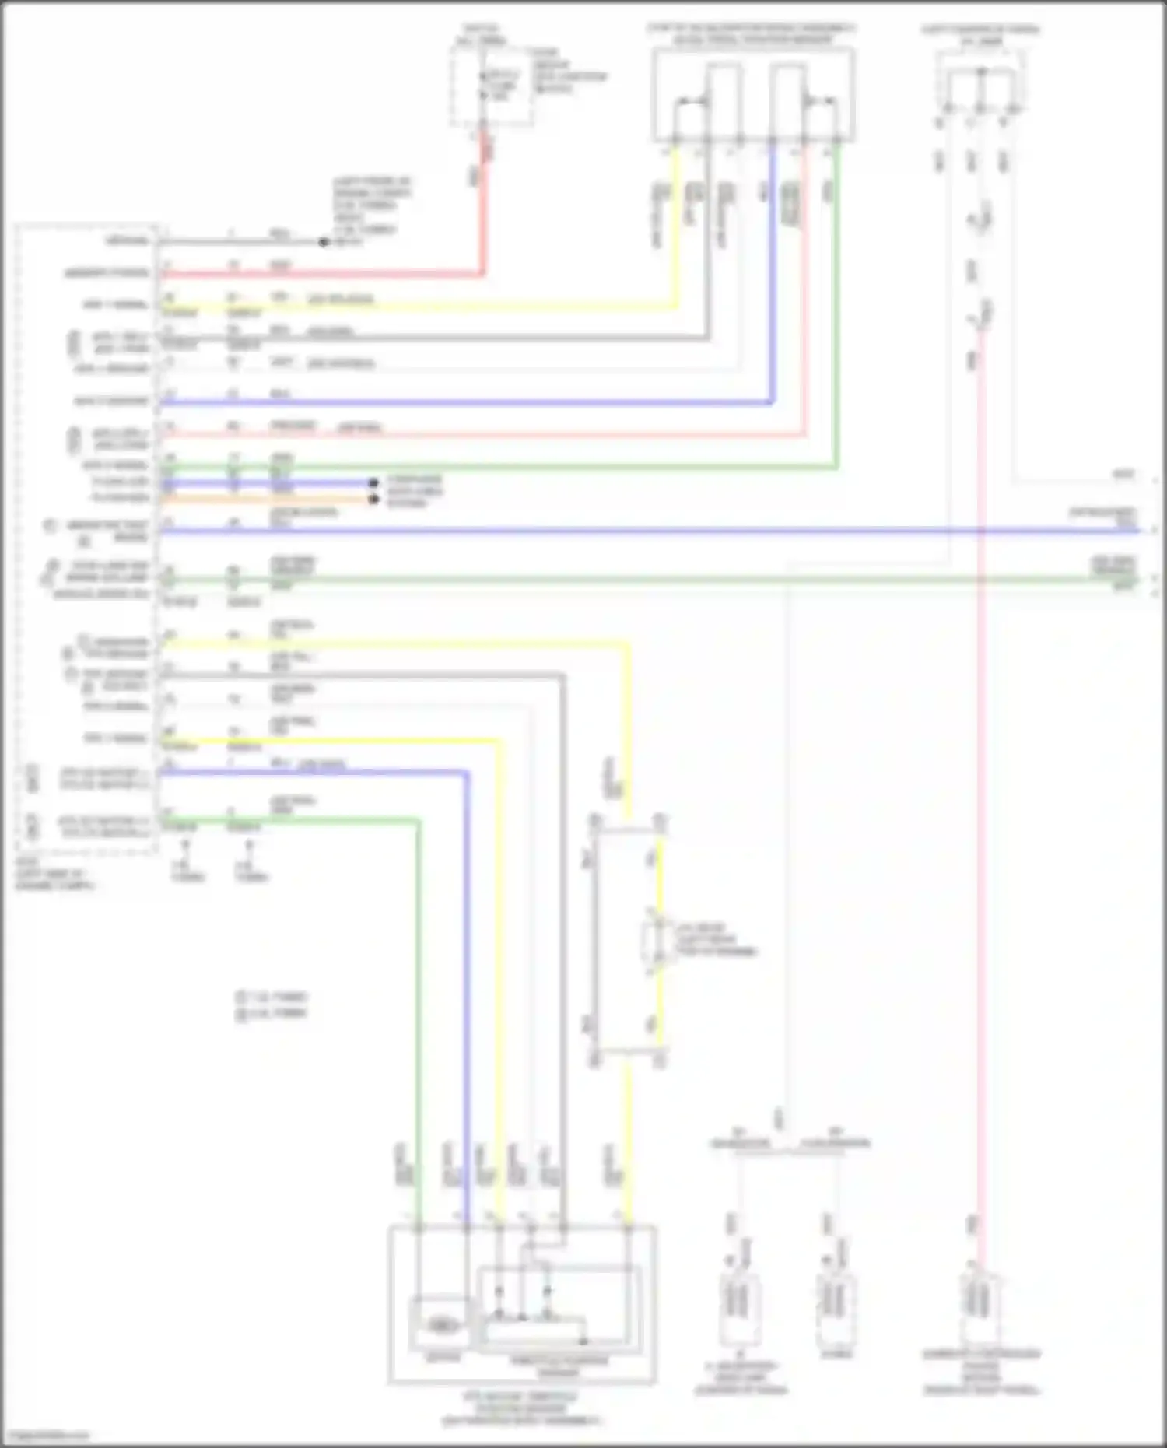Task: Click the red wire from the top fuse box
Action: coord(482,210)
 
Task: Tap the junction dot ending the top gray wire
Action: coord(324,242)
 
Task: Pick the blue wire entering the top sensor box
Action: coord(773,272)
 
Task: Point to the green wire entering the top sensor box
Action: coord(837,311)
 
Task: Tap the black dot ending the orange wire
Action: coord(373,499)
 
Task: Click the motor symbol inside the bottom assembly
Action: coord(441,1324)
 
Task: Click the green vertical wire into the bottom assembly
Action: coord(419,1011)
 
